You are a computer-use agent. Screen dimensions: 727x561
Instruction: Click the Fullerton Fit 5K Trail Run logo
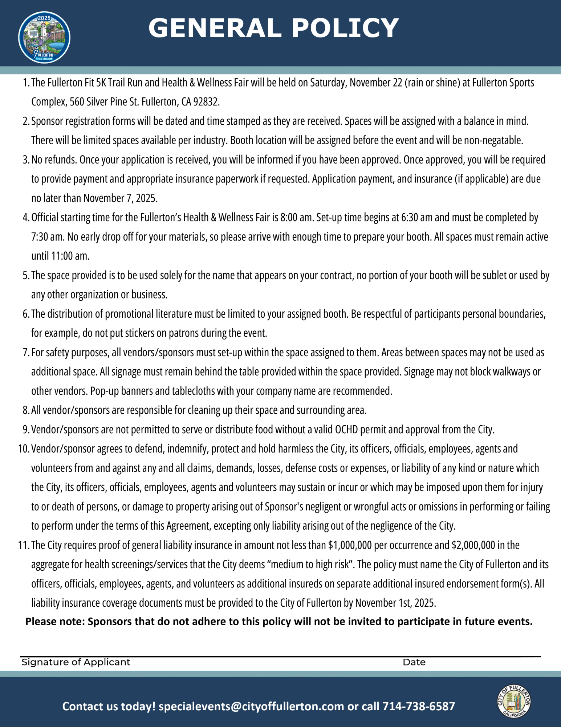[44, 37]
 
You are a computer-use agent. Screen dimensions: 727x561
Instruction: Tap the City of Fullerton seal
[514, 702]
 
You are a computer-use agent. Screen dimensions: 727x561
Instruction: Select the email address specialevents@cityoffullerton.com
[251, 706]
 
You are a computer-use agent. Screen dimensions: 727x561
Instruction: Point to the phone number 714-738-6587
[418, 706]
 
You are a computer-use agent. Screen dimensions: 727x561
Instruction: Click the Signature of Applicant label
[76, 662]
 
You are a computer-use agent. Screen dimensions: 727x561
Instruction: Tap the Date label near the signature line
[414, 662]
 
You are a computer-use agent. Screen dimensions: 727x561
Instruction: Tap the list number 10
[24, 449]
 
